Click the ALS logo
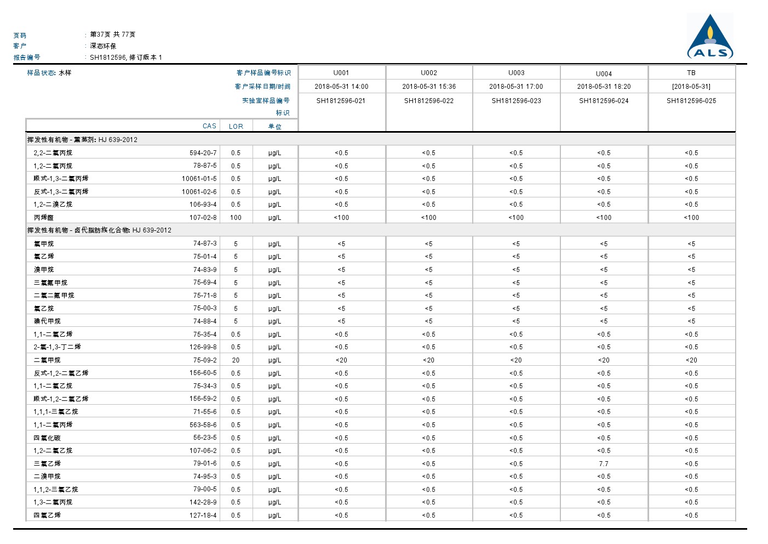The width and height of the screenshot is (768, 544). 710,37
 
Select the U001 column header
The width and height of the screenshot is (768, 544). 341,73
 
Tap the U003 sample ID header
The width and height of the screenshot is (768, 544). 516,73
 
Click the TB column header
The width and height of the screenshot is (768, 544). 691,73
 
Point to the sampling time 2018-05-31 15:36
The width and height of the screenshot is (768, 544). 429,87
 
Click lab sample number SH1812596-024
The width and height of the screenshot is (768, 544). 604,101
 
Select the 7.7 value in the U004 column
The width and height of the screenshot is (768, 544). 604,464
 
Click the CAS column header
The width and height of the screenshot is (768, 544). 209,126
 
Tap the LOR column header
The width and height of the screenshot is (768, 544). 236,126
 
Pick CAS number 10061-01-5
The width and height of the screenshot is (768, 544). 199,179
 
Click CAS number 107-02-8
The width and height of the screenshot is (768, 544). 203,218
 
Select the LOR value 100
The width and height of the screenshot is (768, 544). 236,218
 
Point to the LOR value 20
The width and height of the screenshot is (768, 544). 236,360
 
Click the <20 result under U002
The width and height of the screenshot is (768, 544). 428,360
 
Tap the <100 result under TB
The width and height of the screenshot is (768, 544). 691,218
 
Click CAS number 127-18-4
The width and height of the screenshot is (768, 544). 203,515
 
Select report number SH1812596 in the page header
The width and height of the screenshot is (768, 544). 108,57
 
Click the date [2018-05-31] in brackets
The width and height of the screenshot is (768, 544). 691,87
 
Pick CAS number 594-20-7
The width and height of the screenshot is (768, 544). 203,153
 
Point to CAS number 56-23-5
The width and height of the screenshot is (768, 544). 204,438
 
